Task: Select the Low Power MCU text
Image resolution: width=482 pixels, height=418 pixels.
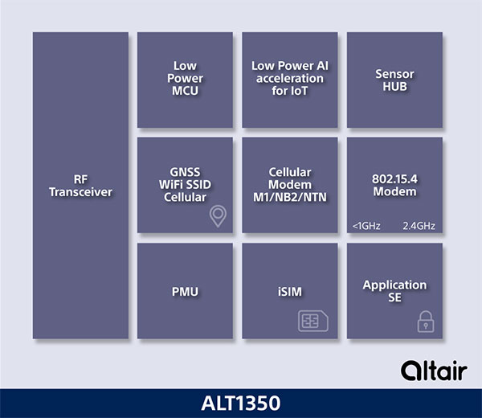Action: pyautogui.click(x=186, y=79)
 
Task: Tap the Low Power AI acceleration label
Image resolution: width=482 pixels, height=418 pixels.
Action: pyautogui.click(x=290, y=79)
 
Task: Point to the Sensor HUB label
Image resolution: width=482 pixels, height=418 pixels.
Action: pyautogui.click(x=394, y=79)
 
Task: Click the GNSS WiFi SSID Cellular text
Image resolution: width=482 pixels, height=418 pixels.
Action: pyautogui.click(x=186, y=185)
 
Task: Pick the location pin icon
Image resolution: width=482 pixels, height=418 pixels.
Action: pyautogui.click(x=217, y=215)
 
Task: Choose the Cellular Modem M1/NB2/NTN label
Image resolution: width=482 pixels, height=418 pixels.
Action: pyautogui.click(x=290, y=185)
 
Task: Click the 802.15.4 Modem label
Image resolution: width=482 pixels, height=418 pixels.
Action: pyautogui.click(x=394, y=186)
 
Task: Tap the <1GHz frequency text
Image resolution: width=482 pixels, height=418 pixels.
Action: pyautogui.click(x=366, y=226)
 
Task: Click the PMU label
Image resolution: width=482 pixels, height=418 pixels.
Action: pyautogui.click(x=186, y=291)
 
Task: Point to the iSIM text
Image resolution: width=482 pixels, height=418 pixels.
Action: pyautogui.click(x=290, y=291)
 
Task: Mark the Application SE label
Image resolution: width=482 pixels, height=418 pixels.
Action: pyautogui.click(x=394, y=291)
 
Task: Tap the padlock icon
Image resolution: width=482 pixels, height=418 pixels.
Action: pyautogui.click(x=424, y=322)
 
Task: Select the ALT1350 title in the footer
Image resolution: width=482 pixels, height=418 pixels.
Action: pyautogui.click(x=241, y=402)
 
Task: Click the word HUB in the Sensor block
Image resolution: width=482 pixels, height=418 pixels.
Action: pyautogui.click(x=394, y=85)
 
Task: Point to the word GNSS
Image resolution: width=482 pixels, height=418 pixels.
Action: pyautogui.click(x=186, y=173)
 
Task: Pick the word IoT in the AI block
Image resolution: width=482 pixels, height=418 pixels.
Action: pyautogui.click(x=300, y=91)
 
